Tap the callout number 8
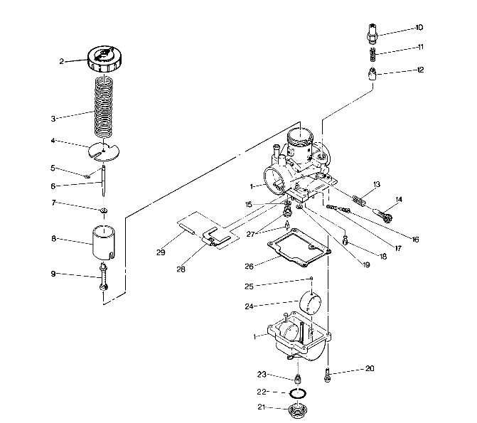(53, 240)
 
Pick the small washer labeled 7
(104, 210)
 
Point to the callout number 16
(415, 240)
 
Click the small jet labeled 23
(298, 377)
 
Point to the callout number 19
(366, 264)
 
